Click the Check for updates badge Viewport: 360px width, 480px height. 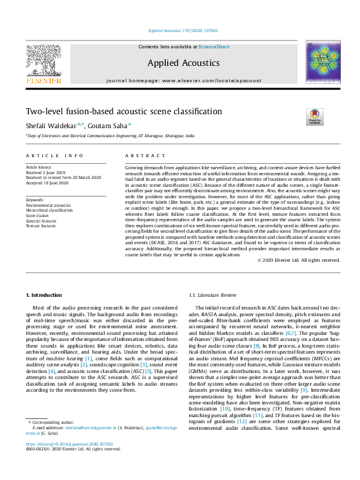point(315,117)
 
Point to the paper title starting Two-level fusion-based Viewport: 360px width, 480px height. point(115,112)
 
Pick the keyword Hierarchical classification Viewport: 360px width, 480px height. point(49,210)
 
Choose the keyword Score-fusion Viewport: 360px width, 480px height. point(37,215)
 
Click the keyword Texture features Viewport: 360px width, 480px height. point(41,225)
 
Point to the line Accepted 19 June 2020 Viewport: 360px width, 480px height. point(48,183)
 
